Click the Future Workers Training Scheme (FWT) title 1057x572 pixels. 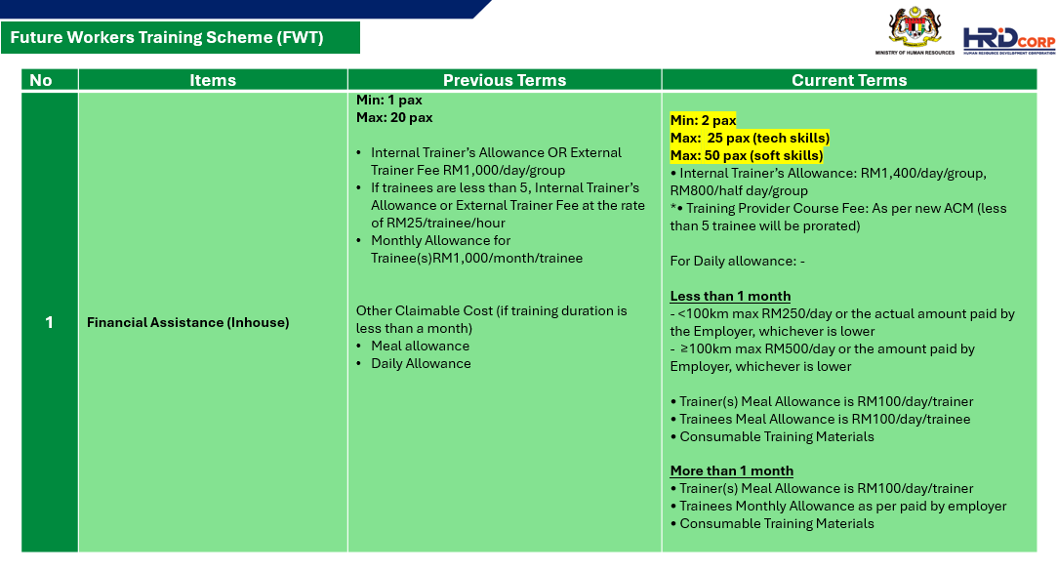click(x=167, y=37)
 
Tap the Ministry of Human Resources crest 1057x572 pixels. click(x=915, y=28)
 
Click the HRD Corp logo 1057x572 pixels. click(x=1009, y=40)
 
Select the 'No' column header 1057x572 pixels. click(x=40, y=80)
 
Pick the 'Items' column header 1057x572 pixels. click(x=213, y=80)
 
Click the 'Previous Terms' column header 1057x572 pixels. click(x=505, y=80)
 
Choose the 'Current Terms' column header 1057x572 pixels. click(x=849, y=80)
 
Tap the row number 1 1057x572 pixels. click(x=49, y=322)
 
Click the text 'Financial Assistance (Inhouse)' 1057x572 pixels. click(x=188, y=322)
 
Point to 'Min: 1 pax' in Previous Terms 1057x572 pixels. click(x=389, y=100)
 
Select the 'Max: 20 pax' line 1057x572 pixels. click(x=394, y=117)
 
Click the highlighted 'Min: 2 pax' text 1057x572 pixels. click(x=703, y=120)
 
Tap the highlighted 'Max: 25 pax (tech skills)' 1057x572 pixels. click(x=750, y=138)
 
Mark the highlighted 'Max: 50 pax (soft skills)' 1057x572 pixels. click(x=747, y=155)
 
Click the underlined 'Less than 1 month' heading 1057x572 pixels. click(x=730, y=296)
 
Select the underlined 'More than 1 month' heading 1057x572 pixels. click(x=731, y=470)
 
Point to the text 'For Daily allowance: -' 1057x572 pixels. click(x=738, y=261)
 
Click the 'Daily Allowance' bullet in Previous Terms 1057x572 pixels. click(x=421, y=363)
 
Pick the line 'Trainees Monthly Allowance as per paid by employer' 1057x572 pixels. click(x=842, y=506)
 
